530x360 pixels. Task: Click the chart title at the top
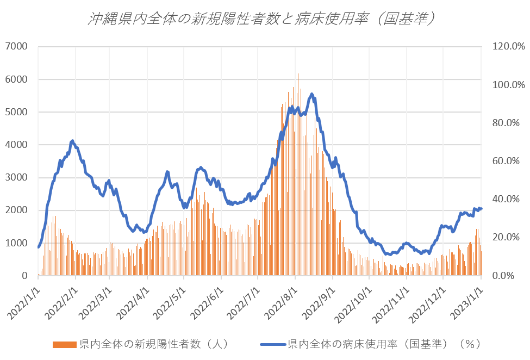tap(264, 19)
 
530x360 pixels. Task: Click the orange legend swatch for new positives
tap(65, 344)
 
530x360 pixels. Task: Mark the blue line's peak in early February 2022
tap(72, 140)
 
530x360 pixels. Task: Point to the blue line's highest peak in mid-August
tap(312, 94)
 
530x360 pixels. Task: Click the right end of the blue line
tap(481, 208)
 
